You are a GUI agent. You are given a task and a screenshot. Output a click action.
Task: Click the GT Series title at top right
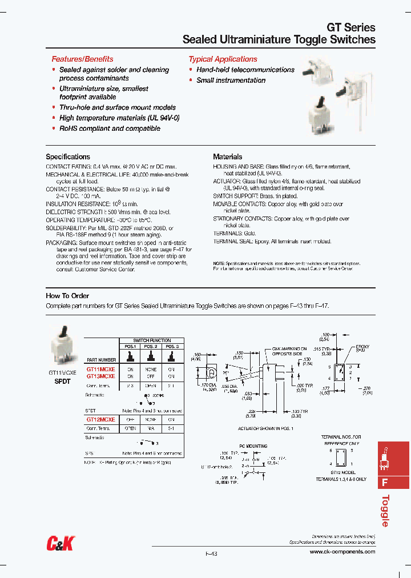pyautogui.click(x=350, y=27)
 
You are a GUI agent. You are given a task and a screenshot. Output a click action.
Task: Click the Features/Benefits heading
pyautogui.click(x=82, y=59)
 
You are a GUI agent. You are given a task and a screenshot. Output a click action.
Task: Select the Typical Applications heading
pyautogui.click(x=223, y=59)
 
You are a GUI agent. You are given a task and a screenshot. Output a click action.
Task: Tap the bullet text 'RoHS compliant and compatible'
pyautogui.click(x=110, y=129)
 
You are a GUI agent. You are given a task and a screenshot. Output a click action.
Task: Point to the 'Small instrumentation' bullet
pyautogui.click(x=231, y=81)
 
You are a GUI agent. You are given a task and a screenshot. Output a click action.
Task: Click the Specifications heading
pyautogui.click(x=68, y=156)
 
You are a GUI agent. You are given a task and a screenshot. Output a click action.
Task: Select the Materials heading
pyautogui.click(x=227, y=156)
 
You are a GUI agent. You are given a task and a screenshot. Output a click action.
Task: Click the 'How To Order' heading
pyautogui.click(x=67, y=296)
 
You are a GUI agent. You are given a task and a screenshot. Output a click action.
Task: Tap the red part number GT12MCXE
pyautogui.click(x=100, y=419)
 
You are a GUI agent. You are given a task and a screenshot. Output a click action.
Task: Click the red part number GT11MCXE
pyautogui.click(x=100, y=370)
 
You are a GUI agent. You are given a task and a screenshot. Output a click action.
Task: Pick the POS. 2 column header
pyautogui.click(x=151, y=346)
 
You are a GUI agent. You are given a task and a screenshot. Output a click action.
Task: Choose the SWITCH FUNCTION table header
pyautogui.click(x=151, y=340)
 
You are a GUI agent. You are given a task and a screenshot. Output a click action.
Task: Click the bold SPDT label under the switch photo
pyautogui.click(x=62, y=382)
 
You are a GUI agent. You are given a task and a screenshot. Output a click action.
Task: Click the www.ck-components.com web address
pyautogui.click(x=342, y=552)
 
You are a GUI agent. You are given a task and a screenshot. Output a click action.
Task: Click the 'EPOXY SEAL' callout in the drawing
pyautogui.click(x=362, y=348)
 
